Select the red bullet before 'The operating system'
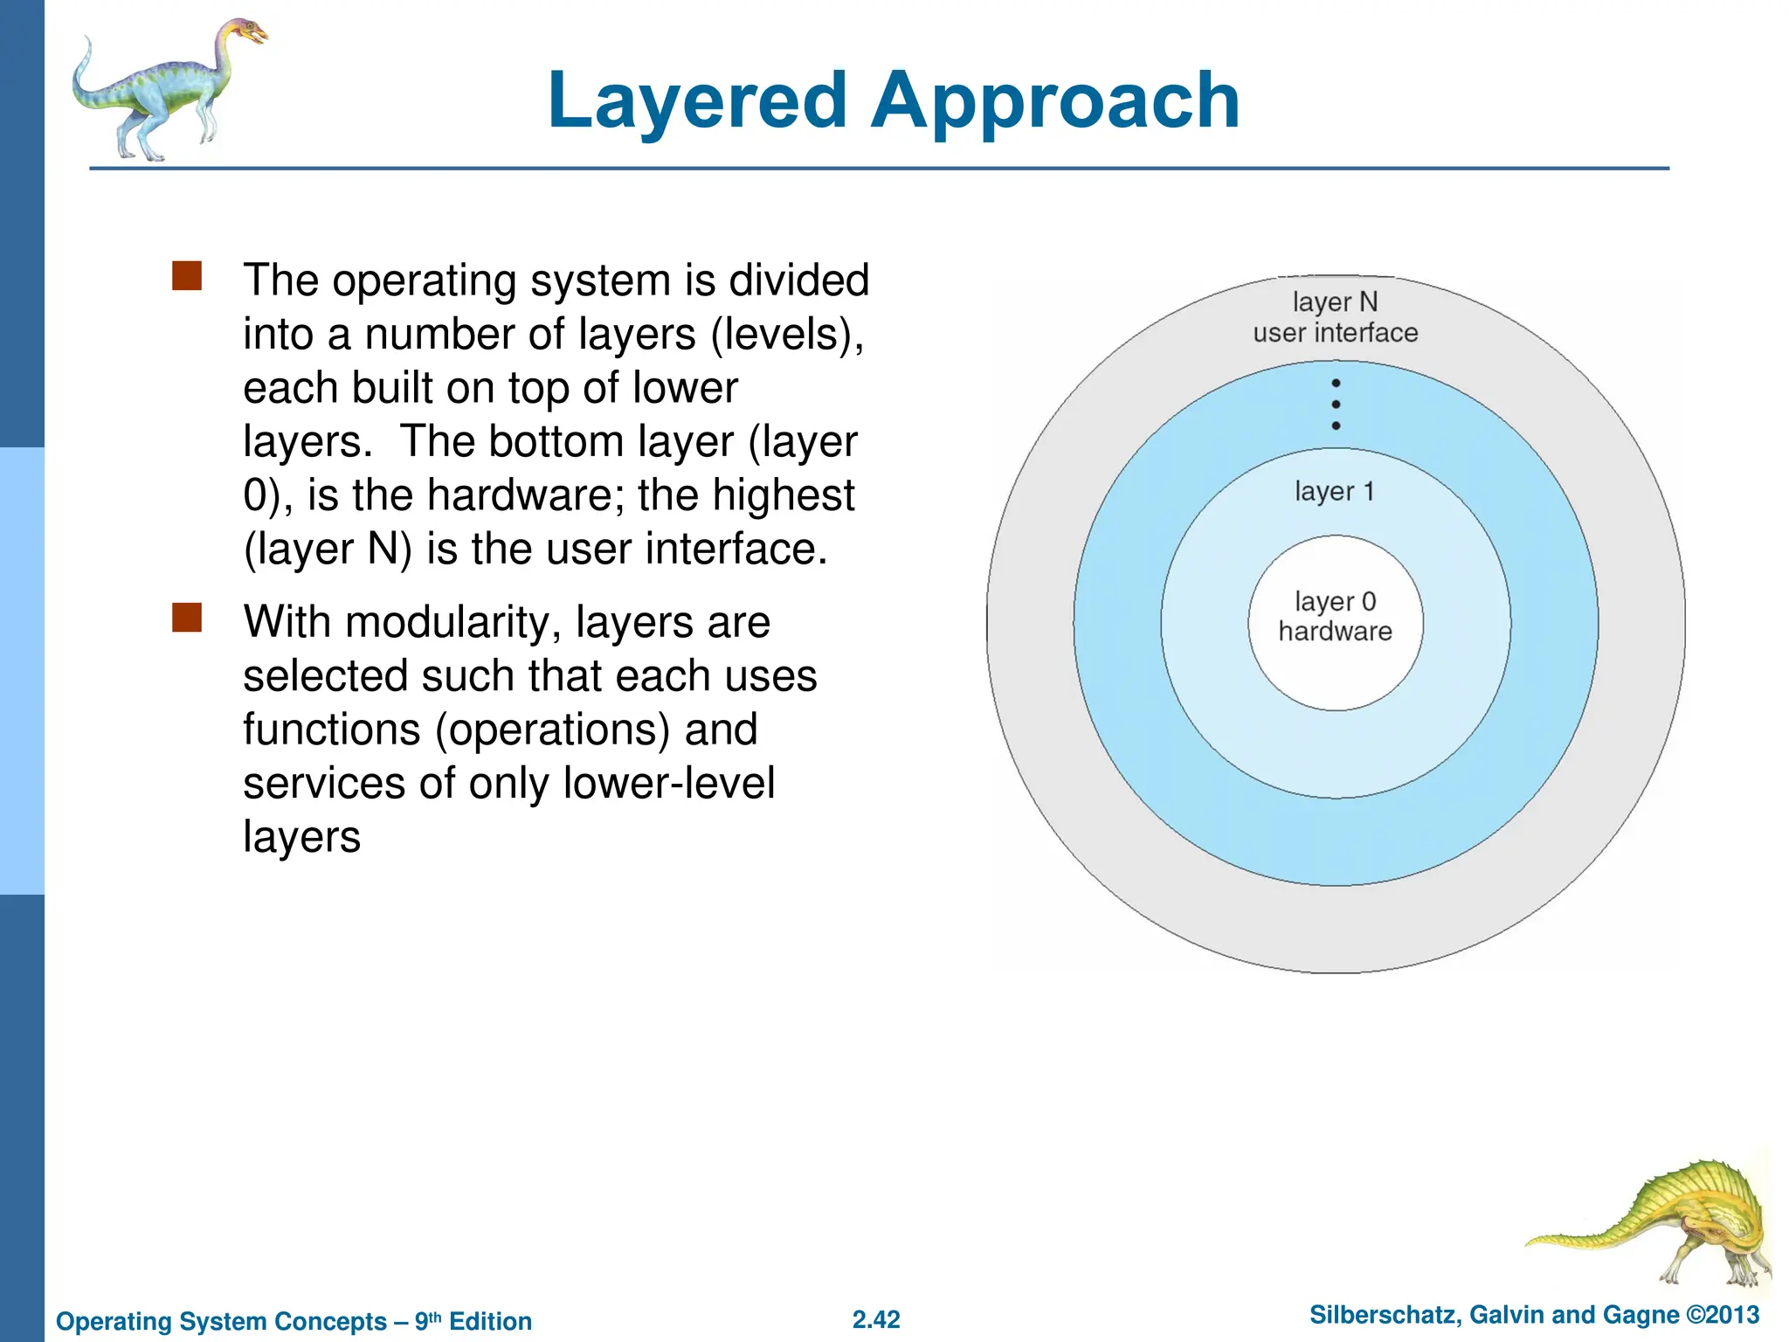(x=187, y=276)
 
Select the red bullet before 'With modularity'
(x=187, y=618)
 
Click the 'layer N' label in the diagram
(x=1335, y=302)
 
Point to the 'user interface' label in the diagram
(x=1335, y=333)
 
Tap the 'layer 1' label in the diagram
(x=1334, y=491)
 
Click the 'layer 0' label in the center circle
(x=1335, y=601)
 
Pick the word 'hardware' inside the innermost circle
(x=1335, y=632)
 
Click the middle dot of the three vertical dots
(x=1336, y=405)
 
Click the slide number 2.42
(x=876, y=1319)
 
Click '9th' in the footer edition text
(x=427, y=1320)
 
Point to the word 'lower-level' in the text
(x=668, y=783)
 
